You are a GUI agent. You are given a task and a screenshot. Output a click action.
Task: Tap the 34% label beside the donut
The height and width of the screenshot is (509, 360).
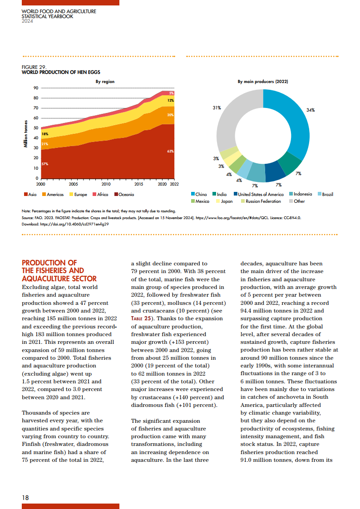point(311,110)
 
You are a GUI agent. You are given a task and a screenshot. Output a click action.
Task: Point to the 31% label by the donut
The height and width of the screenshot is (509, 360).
point(217,108)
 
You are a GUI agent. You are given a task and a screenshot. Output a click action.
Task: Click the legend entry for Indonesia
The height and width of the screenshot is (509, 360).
point(301,194)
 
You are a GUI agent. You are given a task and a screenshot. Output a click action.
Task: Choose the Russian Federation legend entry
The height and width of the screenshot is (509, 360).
point(261,201)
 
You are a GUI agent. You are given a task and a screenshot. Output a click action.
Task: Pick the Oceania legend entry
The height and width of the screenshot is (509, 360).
point(124,195)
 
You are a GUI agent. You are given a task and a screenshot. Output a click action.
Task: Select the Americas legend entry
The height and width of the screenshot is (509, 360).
point(53,195)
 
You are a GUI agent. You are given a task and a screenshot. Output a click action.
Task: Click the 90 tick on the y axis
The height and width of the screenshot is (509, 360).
point(36,88)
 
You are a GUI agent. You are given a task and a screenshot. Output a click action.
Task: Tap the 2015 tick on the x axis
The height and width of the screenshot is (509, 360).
point(139,184)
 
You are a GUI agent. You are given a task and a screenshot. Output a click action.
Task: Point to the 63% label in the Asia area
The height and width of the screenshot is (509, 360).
point(171,151)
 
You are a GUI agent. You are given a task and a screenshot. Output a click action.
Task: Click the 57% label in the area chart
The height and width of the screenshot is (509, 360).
point(45,164)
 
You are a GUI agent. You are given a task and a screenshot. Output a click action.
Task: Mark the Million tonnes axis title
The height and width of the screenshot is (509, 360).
point(26,134)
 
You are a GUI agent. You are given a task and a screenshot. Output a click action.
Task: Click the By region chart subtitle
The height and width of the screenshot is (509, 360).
point(105,82)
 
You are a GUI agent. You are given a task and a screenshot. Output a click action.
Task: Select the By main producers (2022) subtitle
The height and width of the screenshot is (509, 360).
point(263,82)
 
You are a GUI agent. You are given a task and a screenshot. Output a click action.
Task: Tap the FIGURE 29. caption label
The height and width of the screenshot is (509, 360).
point(34,67)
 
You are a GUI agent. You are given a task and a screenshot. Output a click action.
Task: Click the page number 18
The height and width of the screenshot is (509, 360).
point(25,498)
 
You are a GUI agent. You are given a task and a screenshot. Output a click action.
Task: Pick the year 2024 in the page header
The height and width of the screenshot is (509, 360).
point(27,21)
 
